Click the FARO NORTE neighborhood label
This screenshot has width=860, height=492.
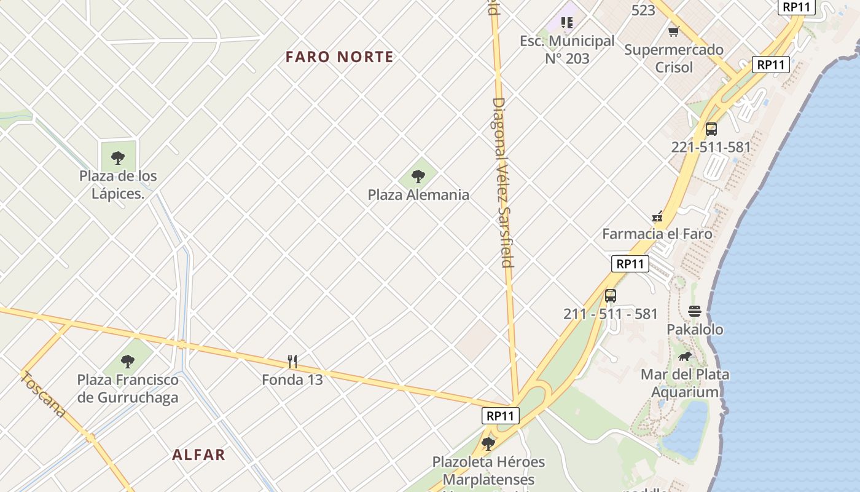pyautogui.click(x=339, y=57)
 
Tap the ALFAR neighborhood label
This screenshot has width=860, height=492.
pyautogui.click(x=198, y=454)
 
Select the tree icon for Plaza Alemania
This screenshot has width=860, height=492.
pyautogui.click(x=418, y=177)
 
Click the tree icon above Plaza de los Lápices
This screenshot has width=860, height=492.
pyautogui.click(x=118, y=158)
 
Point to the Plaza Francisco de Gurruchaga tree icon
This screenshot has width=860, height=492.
pyautogui.click(x=128, y=361)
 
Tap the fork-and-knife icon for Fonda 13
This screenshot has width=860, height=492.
pyautogui.click(x=292, y=362)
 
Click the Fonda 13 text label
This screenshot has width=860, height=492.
pyautogui.click(x=292, y=379)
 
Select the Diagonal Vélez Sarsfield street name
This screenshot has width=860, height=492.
pyautogui.click(x=502, y=182)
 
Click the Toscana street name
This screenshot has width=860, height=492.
pyautogui.click(x=42, y=394)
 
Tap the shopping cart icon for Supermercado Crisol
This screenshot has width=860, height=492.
pyautogui.click(x=674, y=31)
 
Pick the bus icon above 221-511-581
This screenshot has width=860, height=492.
pyautogui.click(x=711, y=129)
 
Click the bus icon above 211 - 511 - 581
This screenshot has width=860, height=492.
pyautogui.click(x=610, y=296)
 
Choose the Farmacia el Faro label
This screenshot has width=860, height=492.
pyautogui.click(x=657, y=234)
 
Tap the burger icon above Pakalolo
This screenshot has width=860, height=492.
pyautogui.click(x=695, y=311)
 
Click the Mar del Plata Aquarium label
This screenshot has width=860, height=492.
pyautogui.click(x=685, y=383)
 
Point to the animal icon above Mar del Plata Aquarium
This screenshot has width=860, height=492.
pyautogui.click(x=685, y=356)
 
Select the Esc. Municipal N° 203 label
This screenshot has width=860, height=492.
pyautogui.click(x=567, y=50)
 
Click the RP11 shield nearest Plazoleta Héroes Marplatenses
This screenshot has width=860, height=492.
pyautogui.click(x=500, y=416)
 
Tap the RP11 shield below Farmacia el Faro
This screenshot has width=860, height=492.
pyautogui.click(x=630, y=264)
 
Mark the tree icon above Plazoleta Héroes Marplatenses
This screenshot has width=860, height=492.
pyautogui.click(x=488, y=443)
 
